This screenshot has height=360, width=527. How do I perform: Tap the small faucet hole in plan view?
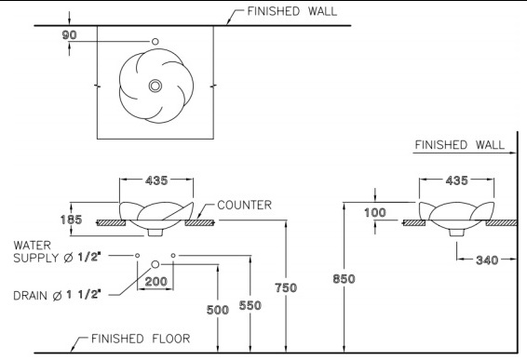tap(155, 42)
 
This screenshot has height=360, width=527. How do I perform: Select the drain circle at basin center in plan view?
tap(155, 86)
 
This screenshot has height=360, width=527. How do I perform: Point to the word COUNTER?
tap(244, 205)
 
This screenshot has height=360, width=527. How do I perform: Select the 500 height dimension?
tap(218, 310)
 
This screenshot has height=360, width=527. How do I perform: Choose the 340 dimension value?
tap(485, 260)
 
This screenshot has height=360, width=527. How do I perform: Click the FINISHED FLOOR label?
tap(130, 340)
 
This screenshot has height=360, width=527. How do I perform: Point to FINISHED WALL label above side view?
tap(459, 145)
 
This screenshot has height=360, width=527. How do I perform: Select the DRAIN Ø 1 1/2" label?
tap(61, 296)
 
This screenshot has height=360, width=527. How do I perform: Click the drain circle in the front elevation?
tap(155, 265)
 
